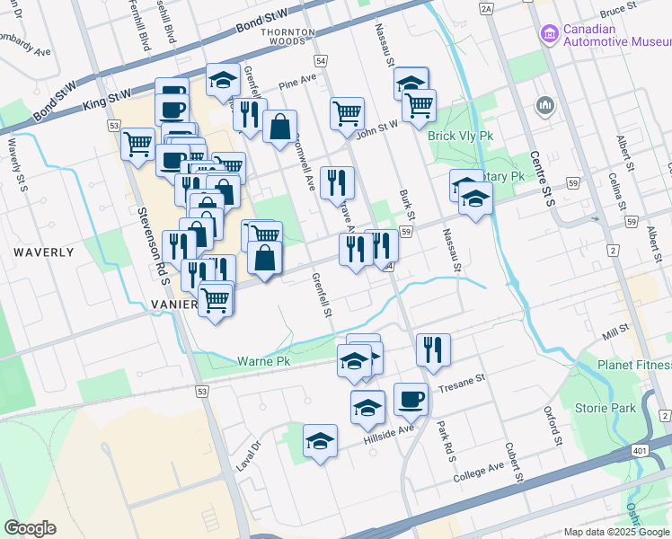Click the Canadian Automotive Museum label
click(x=616, y=34)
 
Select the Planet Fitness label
click(x=635, y=366)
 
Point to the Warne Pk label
click(x=261, y=361)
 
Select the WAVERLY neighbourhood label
click(x=43, y=252)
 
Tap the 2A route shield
click(x=487, y=9)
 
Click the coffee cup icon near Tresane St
click(x=411, y=398)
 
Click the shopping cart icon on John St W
click(x=347, y=113)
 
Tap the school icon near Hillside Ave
click(x=367, y=406)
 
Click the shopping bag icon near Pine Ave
click(x=280, y=126)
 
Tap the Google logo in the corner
click(x=30, y=528)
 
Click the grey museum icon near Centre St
click(x=544, y=106)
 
